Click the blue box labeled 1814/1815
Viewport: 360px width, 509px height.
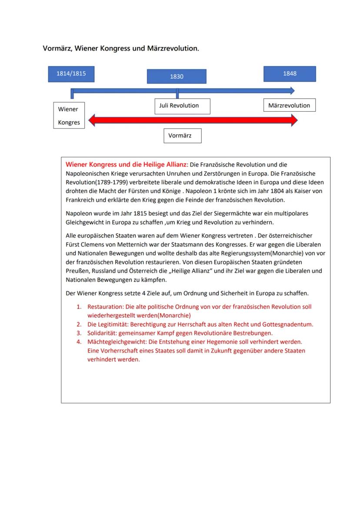pos(71,74)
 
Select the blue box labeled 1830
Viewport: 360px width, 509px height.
pos(177,77)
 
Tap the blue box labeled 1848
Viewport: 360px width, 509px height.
pos(290,74)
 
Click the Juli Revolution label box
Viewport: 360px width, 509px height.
pos(182,106)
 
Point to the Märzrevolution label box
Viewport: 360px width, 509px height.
pos(289,106)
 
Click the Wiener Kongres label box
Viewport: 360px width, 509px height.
pos(69,116)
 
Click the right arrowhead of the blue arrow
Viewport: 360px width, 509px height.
pos(291,90)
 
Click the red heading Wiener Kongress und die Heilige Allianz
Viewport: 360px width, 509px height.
pos(126,165)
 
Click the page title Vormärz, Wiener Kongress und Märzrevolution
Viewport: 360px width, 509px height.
pos(121,48)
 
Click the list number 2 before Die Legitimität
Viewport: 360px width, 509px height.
pos(79,324)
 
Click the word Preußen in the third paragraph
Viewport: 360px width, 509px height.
pos(76,271)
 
